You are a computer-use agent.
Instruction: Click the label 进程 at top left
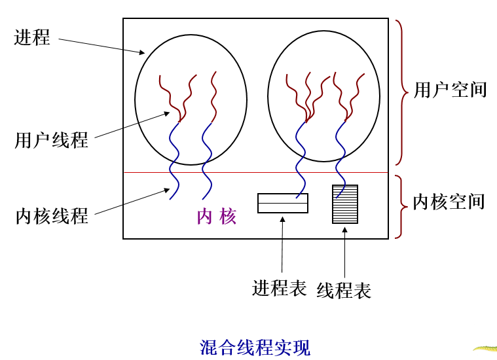pyautogui.click(x=32, y=37)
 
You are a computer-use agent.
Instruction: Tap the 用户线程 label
pyautogui.click(x=52, y=139)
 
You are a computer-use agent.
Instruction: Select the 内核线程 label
pyautogui.click(x=52, y=216)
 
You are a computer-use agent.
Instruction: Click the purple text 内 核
pyautogui.click(x=217, y=217)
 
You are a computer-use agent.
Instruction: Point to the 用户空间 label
pyautogui.click(x=451, y=90)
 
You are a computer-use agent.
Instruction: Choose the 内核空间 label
pyautogui.click(x=449, y=201)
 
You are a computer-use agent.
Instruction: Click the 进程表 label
pyautogui.click(x=279, y=288)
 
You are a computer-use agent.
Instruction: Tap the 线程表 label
pyautogui.click(x=344, y=290)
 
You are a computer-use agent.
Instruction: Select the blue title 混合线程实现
pyautogui.click(x=255, y=347)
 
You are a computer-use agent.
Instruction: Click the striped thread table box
pyautogui.click(x=345, y=204)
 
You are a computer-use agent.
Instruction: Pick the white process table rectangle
pyautogui.click(x=282, y=203)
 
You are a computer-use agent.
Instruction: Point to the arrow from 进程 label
pyautogui.click(x=101, y=46)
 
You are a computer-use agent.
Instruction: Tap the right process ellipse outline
pyautogui.click(x=268, y=98)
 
